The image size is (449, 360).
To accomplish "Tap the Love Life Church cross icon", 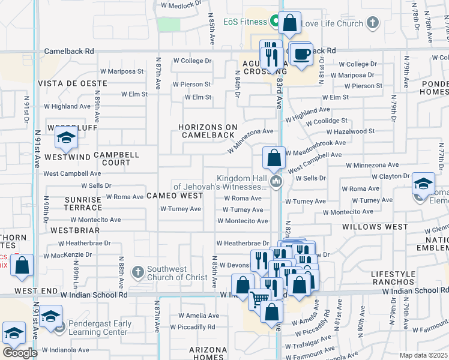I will coord(372,23).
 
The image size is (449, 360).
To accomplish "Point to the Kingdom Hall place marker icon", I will coord(276,181).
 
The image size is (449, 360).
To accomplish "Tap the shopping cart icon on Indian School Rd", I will coord(259,298).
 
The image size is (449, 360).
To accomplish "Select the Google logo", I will coord(19,353).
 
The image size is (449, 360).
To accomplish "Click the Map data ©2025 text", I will coord(423,355).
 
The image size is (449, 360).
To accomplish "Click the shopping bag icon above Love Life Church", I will coord(289,23).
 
